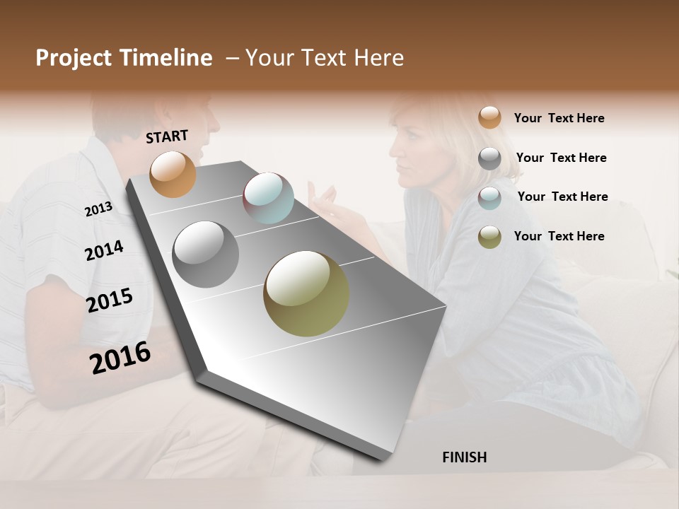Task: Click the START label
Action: tap(167, 136)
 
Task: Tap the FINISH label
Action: tap(464, 457)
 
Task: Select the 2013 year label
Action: tap(98, 209)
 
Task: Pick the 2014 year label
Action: tap(104, 250)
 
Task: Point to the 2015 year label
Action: tap(110, 300)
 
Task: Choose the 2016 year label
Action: tap(120, 358)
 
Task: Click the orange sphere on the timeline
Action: tap(173, 174)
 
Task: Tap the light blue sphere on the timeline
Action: tap(268, 198)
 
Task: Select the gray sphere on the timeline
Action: tap(205, 255)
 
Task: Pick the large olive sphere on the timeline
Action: tap(306, 293)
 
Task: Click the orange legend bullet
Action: tap(489, 117)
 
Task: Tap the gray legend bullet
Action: tap(489, 158)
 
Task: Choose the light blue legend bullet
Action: tap(489, 198)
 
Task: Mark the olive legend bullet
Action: tap(489, 237)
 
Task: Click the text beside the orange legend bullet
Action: tap(559, 119)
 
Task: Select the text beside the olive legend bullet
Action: tap(559, 236)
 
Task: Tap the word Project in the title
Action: tap(74, 58)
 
